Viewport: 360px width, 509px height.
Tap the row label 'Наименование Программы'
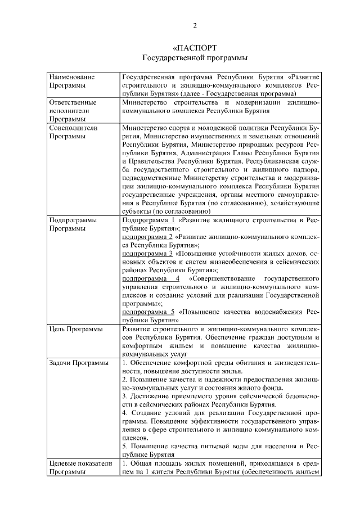click(x=72, y=81)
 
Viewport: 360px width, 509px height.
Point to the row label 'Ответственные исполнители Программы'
click(x=73, y=111)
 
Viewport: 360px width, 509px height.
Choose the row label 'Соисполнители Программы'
click(x=74, y=132)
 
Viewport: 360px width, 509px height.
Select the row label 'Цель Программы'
click(x=76, y=329)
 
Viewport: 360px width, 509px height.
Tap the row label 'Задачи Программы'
click(x=79, y=363)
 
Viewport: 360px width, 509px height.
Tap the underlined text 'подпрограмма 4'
click(x=151, y=278)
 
